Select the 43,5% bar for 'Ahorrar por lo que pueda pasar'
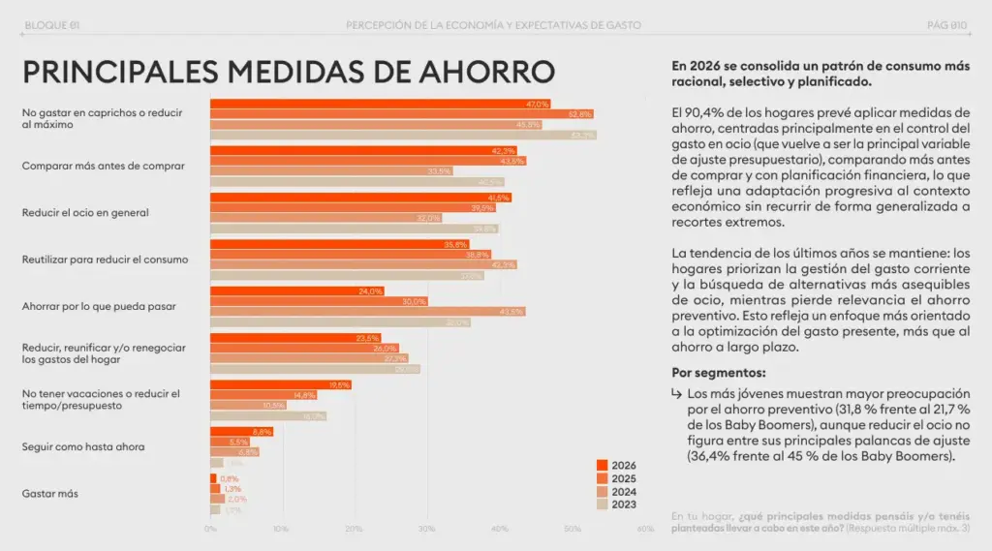(368, 312)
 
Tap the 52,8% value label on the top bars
(579, 114)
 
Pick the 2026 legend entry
(616, 465)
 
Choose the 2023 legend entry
(616, 504)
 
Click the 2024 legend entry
(616, 491)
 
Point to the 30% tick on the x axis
(427, 529)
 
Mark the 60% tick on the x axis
(645, 529)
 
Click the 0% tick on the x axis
(210, 529)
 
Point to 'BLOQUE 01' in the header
(50, 24)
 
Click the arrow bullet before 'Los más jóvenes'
(676, 394)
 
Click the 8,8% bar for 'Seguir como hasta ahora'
(241, 432)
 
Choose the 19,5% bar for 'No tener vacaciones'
(281, 385)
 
